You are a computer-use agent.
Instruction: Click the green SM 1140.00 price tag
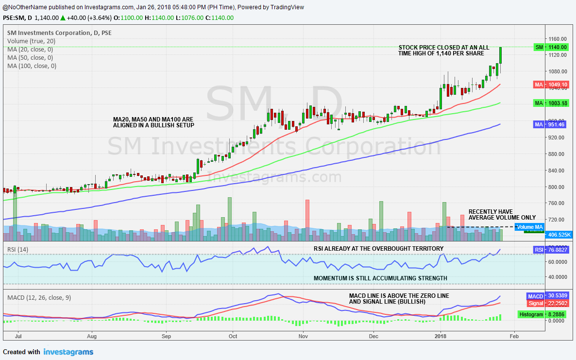pyautogui.click(x=551, y=47)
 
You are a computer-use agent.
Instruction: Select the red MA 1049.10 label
pyautogui.click(x=551, y=85)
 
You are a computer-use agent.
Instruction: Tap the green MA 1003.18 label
pyautogui.click(x=551, y=103)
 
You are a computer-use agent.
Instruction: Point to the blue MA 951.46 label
pyautogui.click(x=551, y=124)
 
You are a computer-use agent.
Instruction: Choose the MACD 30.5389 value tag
pyautogui.click(x=551, y=296)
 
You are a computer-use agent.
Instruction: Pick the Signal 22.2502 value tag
pyautogui.click(x=551, y=303)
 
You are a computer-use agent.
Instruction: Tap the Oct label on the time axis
pyautogui.click(x=233, y=336)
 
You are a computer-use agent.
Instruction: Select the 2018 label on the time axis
pyautogui.click(x=440, y=336)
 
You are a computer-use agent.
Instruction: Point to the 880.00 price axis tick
pyautogui.click(x=555, y=154)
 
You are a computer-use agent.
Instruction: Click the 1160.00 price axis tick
pyautogui.click(x=555, y=39)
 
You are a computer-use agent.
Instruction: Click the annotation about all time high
pyautogui.click(x=444, y=51)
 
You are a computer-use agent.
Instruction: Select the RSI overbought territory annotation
pyautogui.click(x=378, y=249)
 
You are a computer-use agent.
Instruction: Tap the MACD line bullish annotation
pyautogui.click(x=399, y=299)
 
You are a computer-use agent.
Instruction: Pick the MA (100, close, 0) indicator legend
pyautogui.click(x=32, y=66)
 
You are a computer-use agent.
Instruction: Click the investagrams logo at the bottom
pyautogui.click(x=68, y=352)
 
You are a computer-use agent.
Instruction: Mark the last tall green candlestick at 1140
pyautogui.click(x=501, y=55)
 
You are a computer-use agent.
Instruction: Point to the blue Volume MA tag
pyautogui.click(x=529, y=227)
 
